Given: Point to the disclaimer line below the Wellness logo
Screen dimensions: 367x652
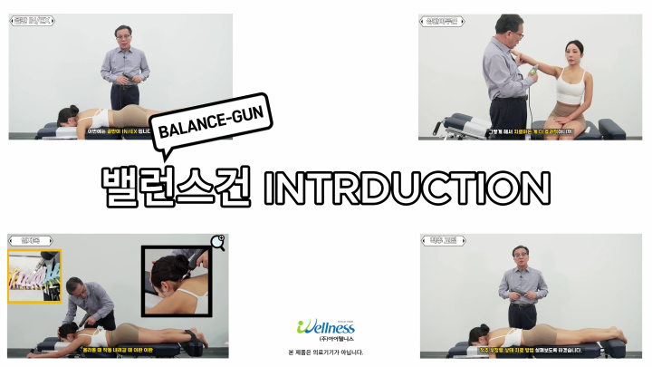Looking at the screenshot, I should click(x=326, y=353).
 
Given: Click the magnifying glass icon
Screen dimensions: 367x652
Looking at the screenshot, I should click(x=217, y=242).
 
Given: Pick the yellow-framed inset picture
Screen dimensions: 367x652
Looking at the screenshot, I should click(x=34, y=276).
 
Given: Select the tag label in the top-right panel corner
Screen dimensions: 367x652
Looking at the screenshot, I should click(x=438, y=20).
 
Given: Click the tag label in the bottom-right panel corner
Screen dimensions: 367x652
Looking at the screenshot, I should click(x=439, y=241).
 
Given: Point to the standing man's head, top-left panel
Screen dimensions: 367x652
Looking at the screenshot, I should click(x=123, y=37).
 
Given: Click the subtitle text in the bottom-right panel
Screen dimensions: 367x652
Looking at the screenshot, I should click(x=531, y=350).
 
